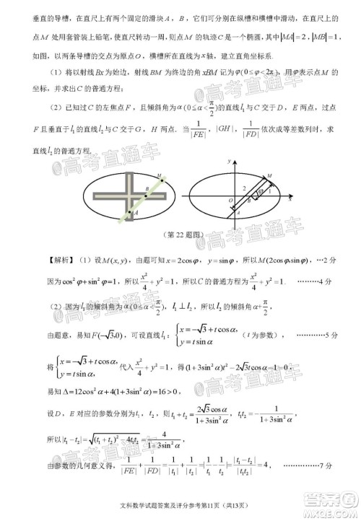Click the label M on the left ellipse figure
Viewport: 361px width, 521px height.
tap(159, 175)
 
